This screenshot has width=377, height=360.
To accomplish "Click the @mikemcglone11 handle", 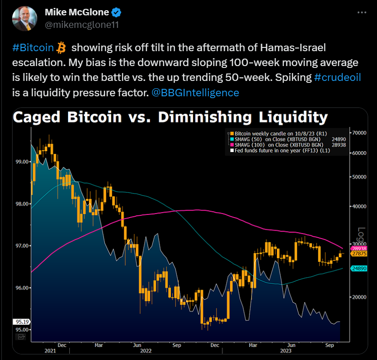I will pos(81,24).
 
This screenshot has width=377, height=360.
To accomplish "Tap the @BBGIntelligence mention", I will pos(195,93).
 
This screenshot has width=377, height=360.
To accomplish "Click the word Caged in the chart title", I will pos(38,118).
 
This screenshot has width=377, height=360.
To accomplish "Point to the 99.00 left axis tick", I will pos(22,162).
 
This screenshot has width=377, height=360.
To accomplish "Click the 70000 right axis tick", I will pos(358,133).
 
